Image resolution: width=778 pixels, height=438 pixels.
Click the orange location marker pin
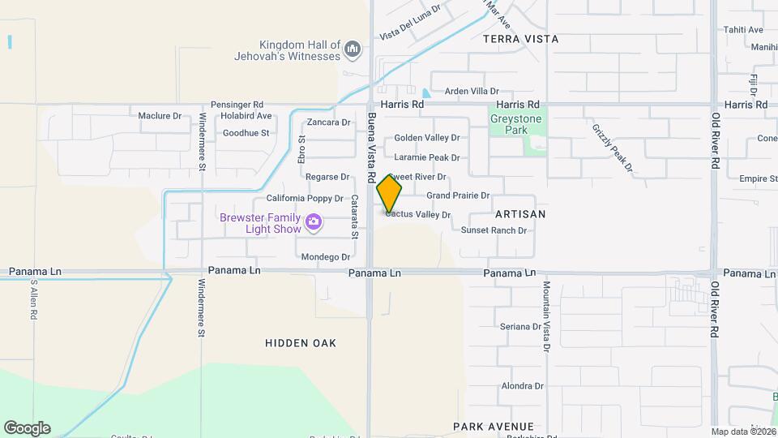coord(389,193)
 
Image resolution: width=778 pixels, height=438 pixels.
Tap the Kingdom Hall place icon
coord(352,50)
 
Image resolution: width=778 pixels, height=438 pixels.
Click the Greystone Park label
coord(515,124)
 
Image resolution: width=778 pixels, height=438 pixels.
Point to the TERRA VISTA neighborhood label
coord(521,38)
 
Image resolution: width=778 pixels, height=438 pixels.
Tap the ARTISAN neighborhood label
coord(520,214)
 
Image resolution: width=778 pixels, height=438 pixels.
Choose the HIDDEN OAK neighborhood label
coord(301,343)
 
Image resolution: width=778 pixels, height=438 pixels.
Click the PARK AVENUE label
coord(494,427)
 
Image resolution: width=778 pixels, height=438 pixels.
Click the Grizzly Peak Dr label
coord(611,148)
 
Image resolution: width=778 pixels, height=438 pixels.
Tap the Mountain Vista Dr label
coord(547,316)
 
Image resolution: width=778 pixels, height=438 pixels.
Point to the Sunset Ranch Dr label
coord(494,230)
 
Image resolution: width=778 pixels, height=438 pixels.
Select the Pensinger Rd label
coord(237,105)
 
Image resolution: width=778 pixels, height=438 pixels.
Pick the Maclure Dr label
coord(160,116)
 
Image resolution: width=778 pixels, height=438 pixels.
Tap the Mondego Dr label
coord(325,257)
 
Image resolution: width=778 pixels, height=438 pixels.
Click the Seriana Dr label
coord(520,327)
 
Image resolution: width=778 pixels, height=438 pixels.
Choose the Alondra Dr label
coord(522,386)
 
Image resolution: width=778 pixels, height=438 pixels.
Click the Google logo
coord(27,428)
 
